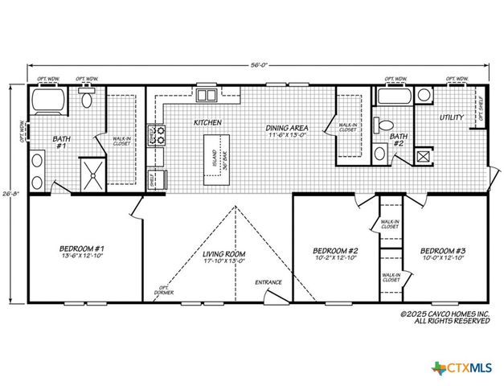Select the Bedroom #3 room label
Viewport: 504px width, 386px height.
coord(442,255)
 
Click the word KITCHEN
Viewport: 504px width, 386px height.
coord(207,123)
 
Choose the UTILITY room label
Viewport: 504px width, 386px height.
coord(451,117)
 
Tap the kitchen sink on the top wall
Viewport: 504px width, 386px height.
coord(207,96)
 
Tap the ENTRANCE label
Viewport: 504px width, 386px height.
coord(268,283)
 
